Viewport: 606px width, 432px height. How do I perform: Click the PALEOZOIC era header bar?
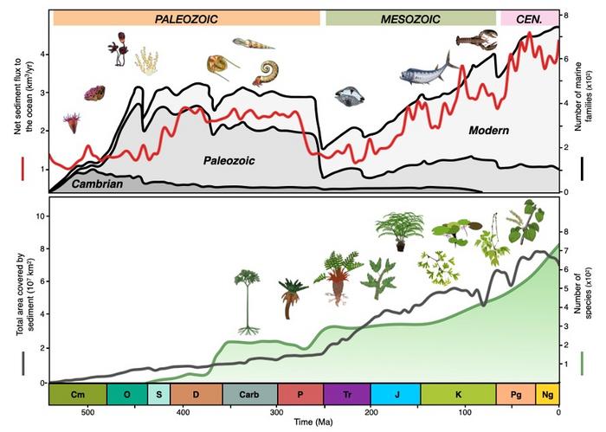point(186,18)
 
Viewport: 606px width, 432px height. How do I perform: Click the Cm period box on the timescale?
point(78,394)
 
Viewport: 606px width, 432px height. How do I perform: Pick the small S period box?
point(159,394)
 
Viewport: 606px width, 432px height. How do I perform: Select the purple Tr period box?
point(346,394)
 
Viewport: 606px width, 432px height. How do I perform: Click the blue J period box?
point(396,394)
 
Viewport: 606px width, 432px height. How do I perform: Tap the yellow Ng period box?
point(547,394)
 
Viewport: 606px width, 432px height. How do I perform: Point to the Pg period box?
point(515,394)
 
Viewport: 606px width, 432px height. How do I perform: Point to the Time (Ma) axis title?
point(303,422)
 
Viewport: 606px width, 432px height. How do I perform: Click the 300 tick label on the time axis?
point(276,412)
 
